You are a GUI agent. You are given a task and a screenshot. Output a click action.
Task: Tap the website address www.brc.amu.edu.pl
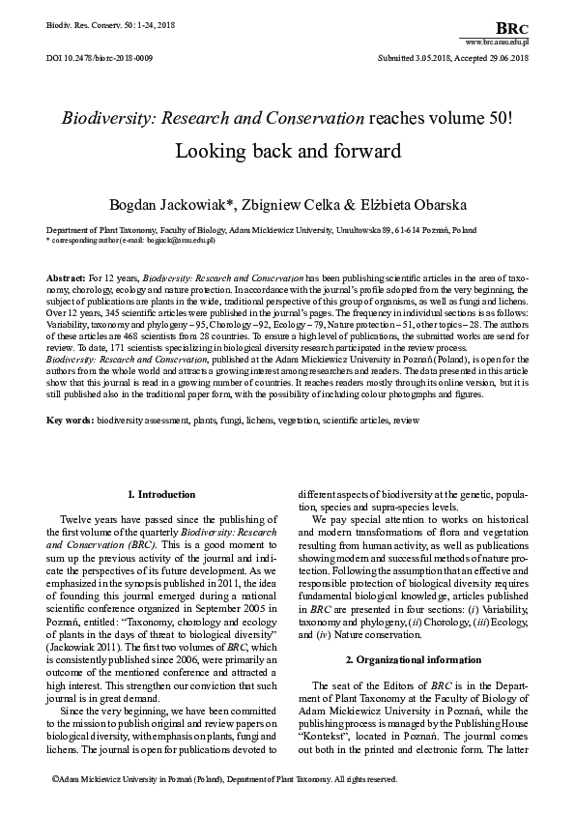(497, 44)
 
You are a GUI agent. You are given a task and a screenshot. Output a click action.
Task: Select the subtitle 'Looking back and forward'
(287, 152)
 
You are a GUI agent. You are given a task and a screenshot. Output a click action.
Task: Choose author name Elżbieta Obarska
(394, 204)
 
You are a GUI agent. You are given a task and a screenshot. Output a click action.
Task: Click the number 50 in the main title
(490, 119)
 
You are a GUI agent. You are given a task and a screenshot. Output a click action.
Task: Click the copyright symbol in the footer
(52, 778)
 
